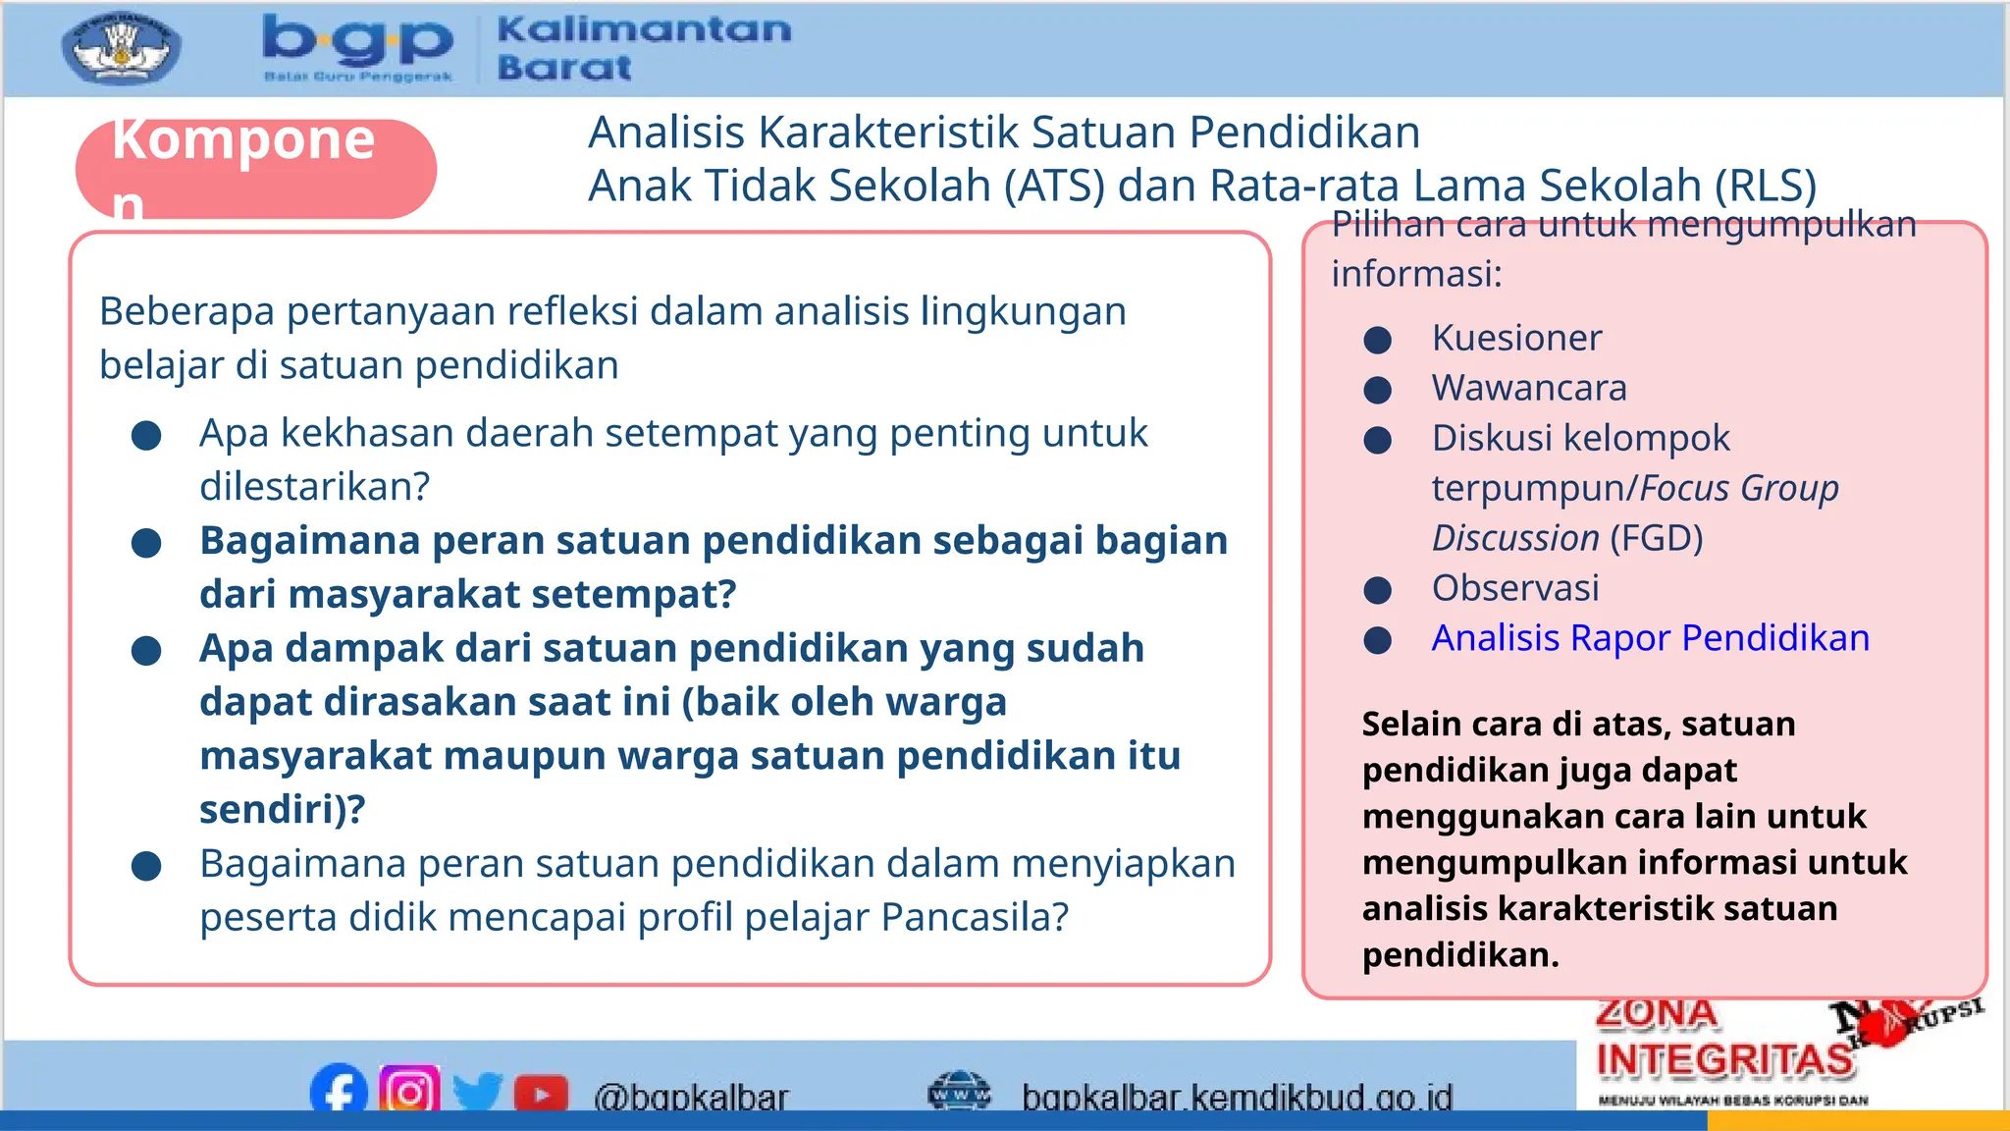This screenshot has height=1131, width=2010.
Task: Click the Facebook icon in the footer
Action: [x=339, y=1090]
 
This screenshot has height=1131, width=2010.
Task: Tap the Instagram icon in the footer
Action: [x=409, y=1090]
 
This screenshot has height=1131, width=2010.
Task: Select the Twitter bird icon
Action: [x=478, y=1092]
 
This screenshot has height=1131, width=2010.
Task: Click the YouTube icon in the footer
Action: [x=541, y=1093]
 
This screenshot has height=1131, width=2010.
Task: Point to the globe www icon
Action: [x=959, y=1092]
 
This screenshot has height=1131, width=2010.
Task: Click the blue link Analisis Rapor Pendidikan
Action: [x=1650, y=638]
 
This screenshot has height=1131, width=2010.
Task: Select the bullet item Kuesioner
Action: [x=1516, y=338]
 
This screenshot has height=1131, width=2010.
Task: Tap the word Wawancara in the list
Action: [x=1528, y=388]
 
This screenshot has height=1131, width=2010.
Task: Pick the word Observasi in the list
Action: [x=1515, y=588]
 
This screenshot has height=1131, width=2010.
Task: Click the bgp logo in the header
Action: [x=358, y=47]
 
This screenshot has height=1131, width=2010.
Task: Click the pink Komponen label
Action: [x=255, y=169]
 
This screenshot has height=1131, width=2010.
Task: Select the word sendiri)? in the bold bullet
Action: [x=283, y=809]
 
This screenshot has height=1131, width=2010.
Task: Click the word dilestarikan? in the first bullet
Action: [x=314, y=486]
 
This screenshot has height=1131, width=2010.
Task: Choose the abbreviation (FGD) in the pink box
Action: [x=1657, y=538]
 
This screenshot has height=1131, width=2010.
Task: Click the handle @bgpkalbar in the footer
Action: [x=690, y=1097]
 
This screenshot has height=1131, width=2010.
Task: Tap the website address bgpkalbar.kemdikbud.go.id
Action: [x=1237, y=1097]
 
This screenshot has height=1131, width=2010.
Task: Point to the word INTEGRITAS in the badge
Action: [x=1724, y=1060]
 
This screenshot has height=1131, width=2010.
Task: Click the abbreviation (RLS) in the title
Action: [x=1766, y=186]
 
